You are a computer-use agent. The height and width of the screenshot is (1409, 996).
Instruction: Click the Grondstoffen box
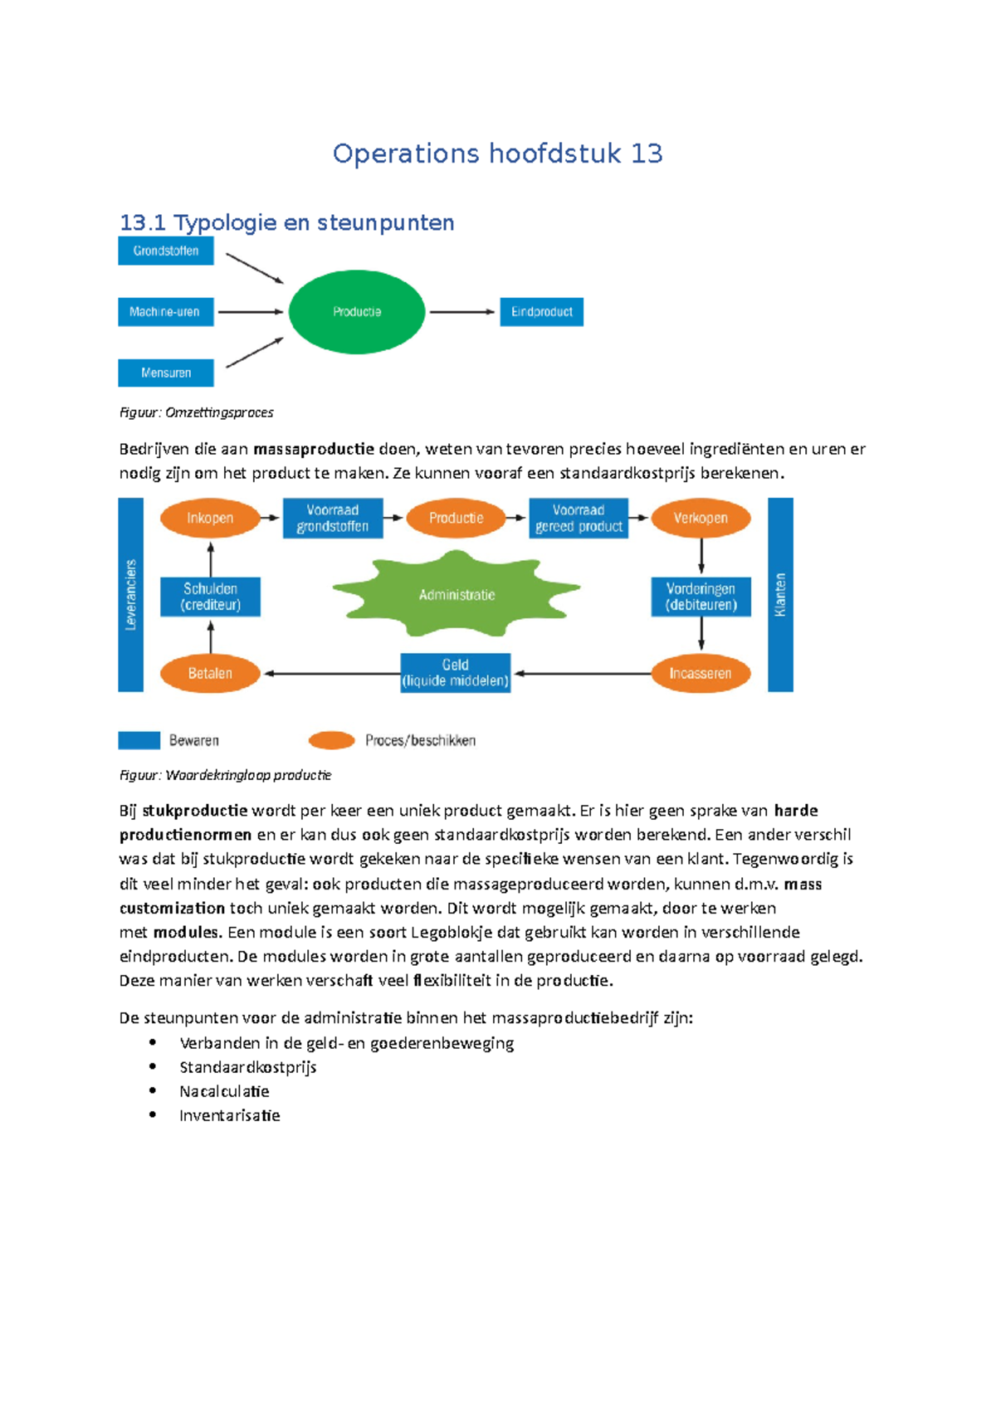click(x=166, y=251)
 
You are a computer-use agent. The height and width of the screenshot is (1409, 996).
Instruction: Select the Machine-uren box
click(x=166, y=312)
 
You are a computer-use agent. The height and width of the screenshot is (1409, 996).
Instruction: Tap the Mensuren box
click(x=166, y=373)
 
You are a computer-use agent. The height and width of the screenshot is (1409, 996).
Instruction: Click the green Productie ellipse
click(x=357, y=312)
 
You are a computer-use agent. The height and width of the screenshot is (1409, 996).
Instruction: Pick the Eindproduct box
click(x=541, y=312)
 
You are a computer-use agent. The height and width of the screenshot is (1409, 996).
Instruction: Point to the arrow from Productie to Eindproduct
click(x=461, y=312)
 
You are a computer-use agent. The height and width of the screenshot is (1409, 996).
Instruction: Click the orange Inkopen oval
click(x=210, y=519)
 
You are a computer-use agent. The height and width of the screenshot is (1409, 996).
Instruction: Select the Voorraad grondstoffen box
click(x=333, y=519)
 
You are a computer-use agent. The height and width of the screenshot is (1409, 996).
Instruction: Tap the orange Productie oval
click(x=456, y=519)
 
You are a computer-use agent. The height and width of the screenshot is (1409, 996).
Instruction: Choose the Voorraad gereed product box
click(x=579, y=519)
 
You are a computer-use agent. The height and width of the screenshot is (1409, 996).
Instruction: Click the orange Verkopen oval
click(x=701, y=519)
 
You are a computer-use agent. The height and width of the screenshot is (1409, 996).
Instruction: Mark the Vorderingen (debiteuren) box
click(x=701, y=597)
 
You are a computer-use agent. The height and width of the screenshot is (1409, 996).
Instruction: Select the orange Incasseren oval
click(x=701, y=674)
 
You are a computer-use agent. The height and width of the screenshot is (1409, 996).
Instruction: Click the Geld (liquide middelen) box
click(x=455, y=673)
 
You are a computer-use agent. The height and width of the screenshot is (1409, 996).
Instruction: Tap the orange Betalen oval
click(x=210, y=674)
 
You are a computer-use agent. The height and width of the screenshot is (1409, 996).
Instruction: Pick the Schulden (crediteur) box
click(x=210, y=597)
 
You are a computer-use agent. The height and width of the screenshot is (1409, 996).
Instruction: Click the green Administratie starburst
click(x=456, y=594)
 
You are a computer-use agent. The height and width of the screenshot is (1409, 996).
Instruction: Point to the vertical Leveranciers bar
click(x=130, y=594)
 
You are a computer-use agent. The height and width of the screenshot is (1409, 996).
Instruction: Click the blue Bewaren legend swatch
click(x=139, y=740)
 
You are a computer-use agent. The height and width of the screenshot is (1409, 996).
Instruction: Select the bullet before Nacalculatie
click(x=153, y=1090)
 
